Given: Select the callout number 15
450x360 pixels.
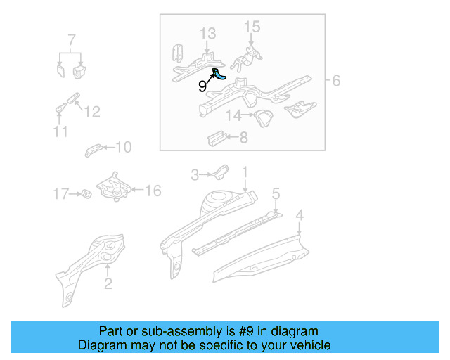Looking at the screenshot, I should [252, 27].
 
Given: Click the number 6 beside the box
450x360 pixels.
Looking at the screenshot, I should [336, 82].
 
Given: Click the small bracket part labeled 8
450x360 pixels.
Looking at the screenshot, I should [215, 136].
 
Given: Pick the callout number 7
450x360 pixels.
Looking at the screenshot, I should [71, 38].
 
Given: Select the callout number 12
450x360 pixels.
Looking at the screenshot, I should [93, 112].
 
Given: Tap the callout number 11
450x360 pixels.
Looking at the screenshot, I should [60, 132].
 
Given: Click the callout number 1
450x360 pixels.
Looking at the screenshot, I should [245, 172].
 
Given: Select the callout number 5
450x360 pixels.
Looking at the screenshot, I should [276, 193].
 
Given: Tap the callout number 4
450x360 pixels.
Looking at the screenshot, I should [300, 215].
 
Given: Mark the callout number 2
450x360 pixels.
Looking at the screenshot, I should [108, 284].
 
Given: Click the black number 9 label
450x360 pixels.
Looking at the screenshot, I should [202, 86].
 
